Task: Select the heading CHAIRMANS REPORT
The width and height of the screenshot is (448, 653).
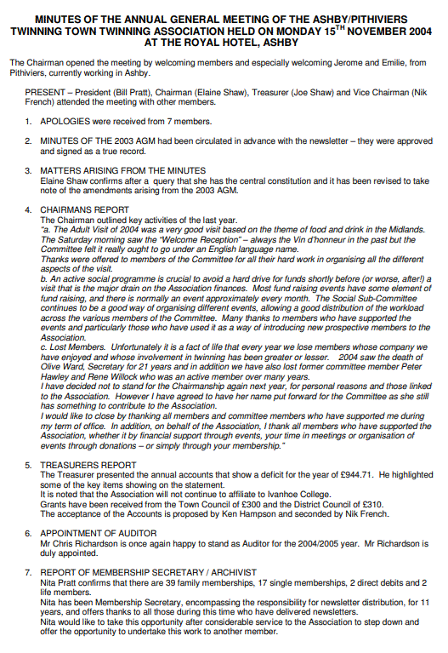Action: pyautogui.click(x=84, y=209)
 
